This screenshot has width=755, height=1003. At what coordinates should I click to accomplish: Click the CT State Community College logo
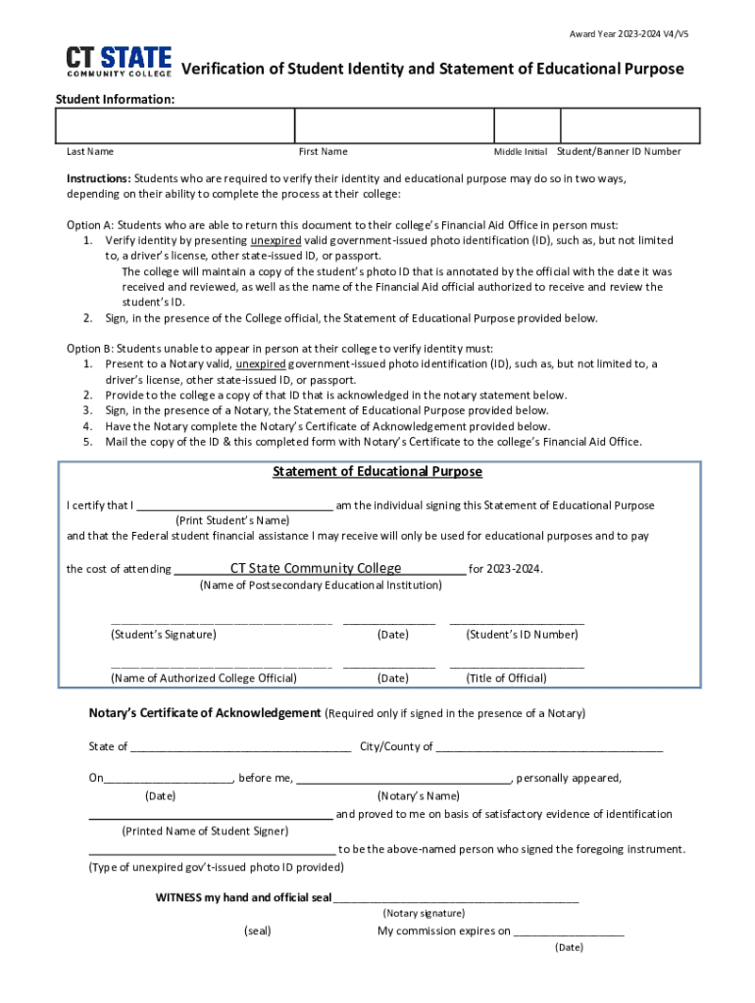119,61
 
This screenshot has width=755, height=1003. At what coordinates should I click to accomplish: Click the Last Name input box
175,126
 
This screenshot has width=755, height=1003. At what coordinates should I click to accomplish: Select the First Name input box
394,126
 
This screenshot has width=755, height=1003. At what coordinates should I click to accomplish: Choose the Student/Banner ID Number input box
629,126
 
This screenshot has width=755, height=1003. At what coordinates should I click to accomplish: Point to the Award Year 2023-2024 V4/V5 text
635,34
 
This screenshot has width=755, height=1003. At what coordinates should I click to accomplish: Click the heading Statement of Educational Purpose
377,472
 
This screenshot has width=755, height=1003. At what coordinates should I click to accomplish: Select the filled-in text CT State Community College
316,569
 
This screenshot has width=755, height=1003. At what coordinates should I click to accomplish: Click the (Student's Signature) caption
164,635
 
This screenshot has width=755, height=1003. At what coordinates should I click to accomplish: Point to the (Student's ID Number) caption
522,635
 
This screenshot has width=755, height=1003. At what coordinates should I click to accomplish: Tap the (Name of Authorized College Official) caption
204,678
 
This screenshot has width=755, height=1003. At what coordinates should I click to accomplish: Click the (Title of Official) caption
506,678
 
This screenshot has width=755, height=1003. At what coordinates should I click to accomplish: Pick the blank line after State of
240,748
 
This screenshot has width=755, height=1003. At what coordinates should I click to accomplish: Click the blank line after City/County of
549,748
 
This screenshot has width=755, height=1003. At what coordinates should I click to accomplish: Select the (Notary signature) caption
424,913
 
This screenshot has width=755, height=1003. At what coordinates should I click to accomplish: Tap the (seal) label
258,931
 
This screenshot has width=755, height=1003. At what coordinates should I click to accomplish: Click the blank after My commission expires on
569,932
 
